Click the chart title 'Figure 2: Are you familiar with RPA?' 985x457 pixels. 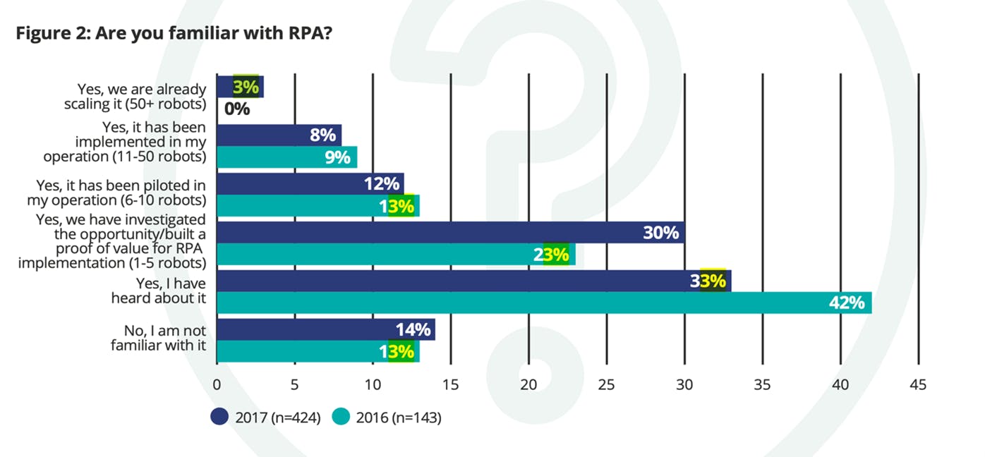point(174,33)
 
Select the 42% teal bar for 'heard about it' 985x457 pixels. point(545,303)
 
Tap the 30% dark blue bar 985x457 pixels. point(451,233)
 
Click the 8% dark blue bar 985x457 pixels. point(279,135)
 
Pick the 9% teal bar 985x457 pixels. point(287,157)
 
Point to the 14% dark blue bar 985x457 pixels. point(326,329)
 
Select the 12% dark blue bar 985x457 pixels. point(310,184)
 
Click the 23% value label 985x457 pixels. point(552,255)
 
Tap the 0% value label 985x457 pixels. point(237,109)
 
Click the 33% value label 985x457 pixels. point(708,281)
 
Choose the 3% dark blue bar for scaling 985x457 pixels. point(241,87)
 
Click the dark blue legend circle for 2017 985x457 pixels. point(219,417)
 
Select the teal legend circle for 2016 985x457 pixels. point(341,417)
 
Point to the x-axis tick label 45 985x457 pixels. point(918,385)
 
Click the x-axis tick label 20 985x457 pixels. point(528,385)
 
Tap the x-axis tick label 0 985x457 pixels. point(217,385)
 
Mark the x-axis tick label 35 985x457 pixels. point(763,385)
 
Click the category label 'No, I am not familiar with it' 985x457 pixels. point(158,338)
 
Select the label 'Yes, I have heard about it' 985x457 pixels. point(158,291)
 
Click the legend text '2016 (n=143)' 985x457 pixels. point(399,418)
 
